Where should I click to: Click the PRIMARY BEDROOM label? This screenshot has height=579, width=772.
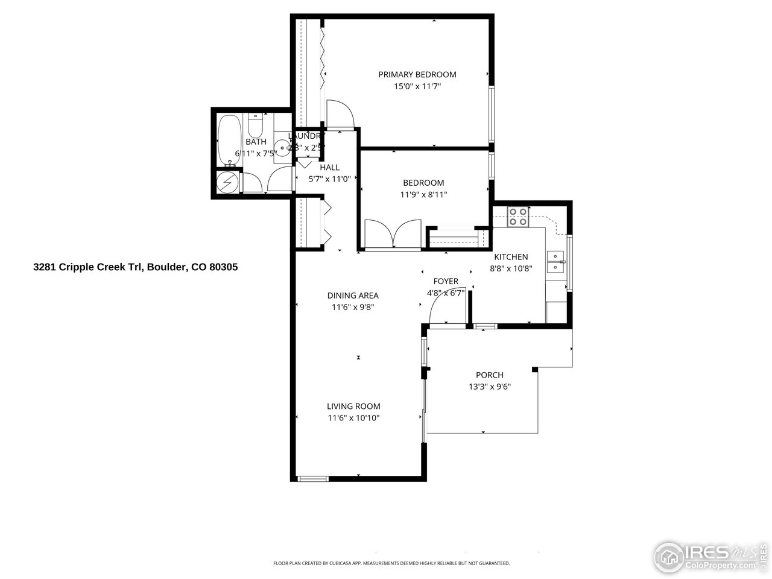(417, 75)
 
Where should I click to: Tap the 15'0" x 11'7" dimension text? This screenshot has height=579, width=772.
(417, 87)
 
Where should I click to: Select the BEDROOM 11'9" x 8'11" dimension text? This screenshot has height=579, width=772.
(423, 195)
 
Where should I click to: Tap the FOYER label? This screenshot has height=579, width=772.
(446, 282)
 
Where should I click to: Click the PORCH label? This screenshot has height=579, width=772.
(489, 375)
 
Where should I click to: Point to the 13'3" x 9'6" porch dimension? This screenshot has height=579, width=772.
(489, 387)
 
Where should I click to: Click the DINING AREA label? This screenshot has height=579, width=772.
(353, 296)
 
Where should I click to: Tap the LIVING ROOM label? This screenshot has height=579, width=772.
(353, 407)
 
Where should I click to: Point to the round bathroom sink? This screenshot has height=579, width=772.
(282, 146)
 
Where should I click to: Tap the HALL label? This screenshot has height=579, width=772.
(329, 168)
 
